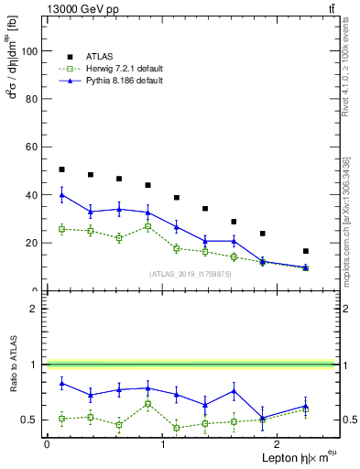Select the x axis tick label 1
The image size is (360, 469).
tap(162, 443)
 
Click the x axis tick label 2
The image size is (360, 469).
tap(278, 443)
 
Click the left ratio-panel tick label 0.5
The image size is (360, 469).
tap(28, 420)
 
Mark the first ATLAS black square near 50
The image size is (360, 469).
tap(61, 169)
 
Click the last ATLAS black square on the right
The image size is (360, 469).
tap(305, 251)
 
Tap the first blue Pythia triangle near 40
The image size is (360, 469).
tap(61, 194)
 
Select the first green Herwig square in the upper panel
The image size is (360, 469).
tap(61, 229)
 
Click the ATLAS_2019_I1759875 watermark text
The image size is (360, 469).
tap(189, 274)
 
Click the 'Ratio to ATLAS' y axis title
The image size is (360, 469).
tap(12, 364)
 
